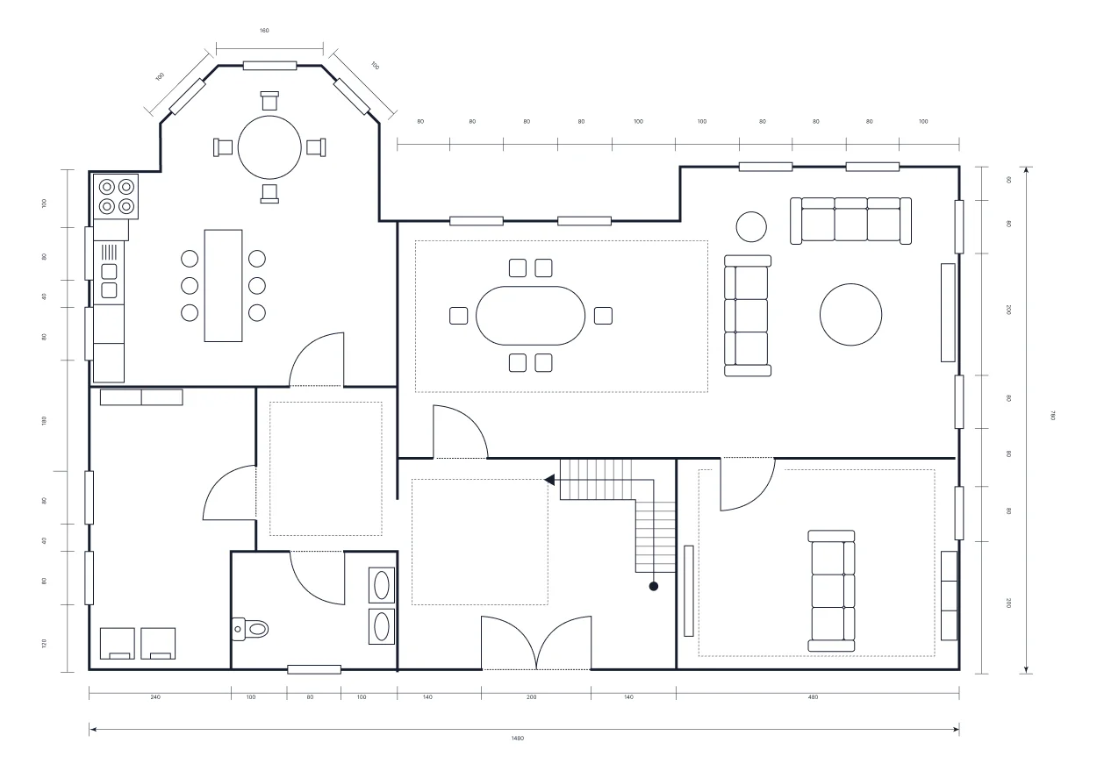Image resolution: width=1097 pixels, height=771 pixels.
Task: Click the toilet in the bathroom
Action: point(253,628)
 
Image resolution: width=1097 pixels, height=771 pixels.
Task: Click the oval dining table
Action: point(530,316)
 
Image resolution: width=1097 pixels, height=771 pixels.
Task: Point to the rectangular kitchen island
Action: point(223,285)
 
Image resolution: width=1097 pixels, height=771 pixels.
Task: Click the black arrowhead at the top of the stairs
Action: point(550,480)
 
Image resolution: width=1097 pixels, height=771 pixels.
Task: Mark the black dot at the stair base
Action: point(653,586)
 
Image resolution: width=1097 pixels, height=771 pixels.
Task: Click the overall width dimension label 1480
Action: point(518,739)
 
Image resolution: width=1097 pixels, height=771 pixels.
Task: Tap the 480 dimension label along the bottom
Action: point(813,697)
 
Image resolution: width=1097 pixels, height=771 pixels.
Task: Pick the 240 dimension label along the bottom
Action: point(155,697)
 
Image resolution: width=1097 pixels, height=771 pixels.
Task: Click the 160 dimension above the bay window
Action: point(264,31)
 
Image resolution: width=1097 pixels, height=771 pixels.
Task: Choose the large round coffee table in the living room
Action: point(850,314)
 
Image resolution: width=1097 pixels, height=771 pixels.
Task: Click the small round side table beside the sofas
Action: point(750,226)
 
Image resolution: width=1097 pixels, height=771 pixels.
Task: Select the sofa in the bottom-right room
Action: point(831,590)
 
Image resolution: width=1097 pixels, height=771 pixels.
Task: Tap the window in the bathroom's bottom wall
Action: point(314,669)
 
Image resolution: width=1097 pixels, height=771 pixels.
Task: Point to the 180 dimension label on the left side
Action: point(44,421)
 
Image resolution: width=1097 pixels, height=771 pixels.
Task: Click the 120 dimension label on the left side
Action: point(44,643)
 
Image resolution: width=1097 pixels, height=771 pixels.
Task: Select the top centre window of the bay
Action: point(269,65)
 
